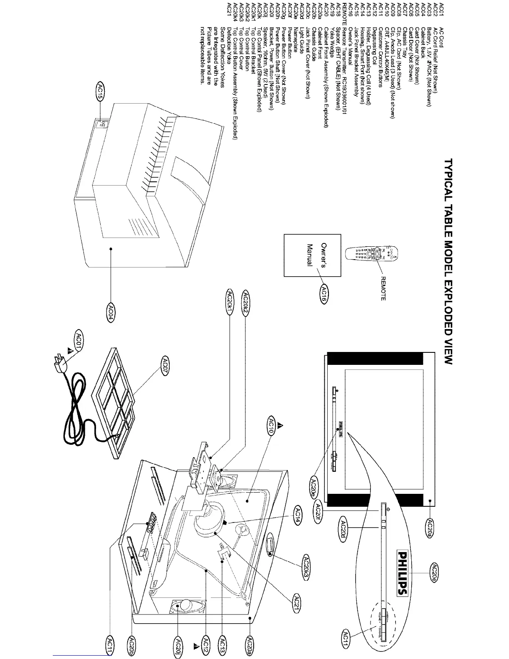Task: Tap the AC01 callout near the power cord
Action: point(78,339)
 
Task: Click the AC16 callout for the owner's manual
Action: point(324,295)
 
